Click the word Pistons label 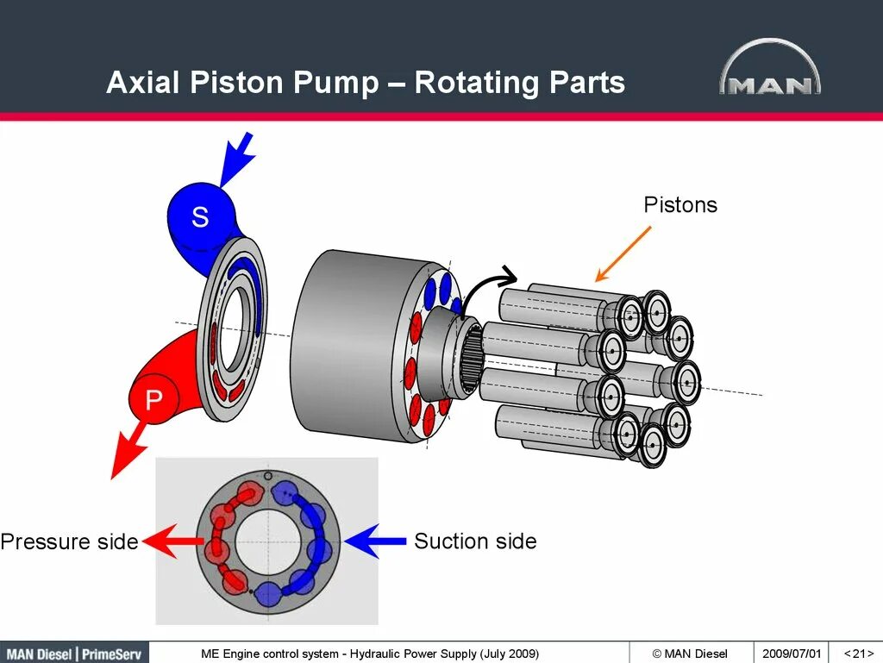tap(680, 205)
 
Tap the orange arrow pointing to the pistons tap(623, 254)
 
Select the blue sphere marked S tap(200, 215)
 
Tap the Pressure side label tap(69, 542)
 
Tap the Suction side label tap(475, 541)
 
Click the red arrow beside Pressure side tap(173, 541)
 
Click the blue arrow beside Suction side tap(374, 541)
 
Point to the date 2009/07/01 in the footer tap(792, 653)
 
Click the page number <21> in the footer tap(859, 653)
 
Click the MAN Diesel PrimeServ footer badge tap(74, 653)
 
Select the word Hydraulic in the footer tap(383, 653)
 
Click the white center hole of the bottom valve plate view tap(267, 542)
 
